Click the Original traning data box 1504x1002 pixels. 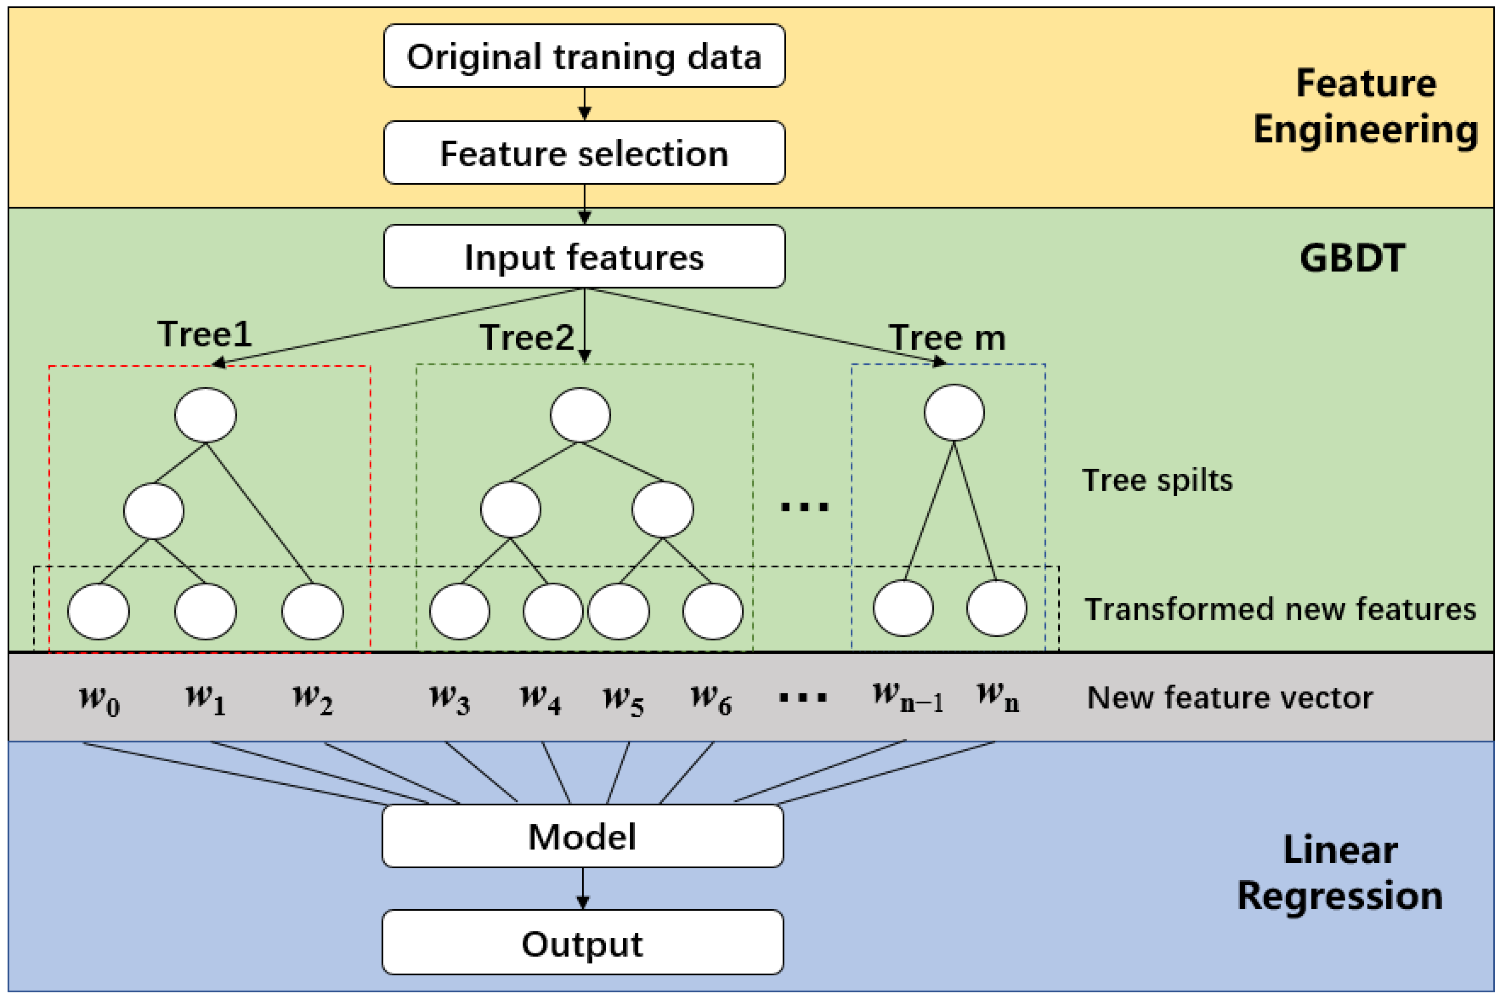[584, 56]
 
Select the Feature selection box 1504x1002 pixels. [584, 153]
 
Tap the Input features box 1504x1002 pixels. [584, 256]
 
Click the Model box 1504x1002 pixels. [582, 836]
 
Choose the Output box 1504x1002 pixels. [582, 942]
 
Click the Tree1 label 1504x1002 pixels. [204, 334]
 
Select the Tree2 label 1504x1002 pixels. [527, 337]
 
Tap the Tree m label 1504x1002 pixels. [947, 337]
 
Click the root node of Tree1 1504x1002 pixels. [205, 415]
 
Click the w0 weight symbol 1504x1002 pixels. [99, 699]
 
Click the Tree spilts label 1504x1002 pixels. [1157, 480]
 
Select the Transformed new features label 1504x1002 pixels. [1280, 609]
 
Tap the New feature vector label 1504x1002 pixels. [1229, 697]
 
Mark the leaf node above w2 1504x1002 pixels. [312, 611]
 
